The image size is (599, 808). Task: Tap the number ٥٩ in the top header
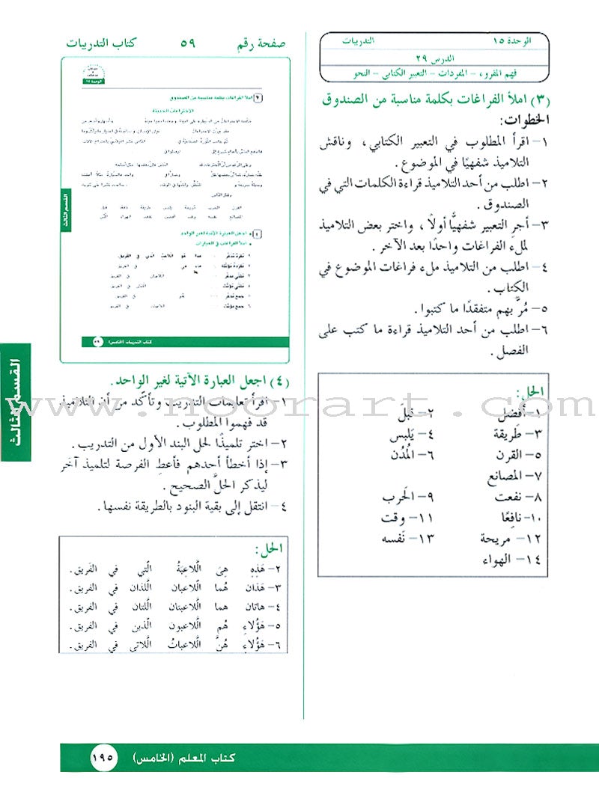(x=187, y=43)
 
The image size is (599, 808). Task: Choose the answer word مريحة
(x=496, y=538)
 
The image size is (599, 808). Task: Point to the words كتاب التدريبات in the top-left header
(x=97, y=43)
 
